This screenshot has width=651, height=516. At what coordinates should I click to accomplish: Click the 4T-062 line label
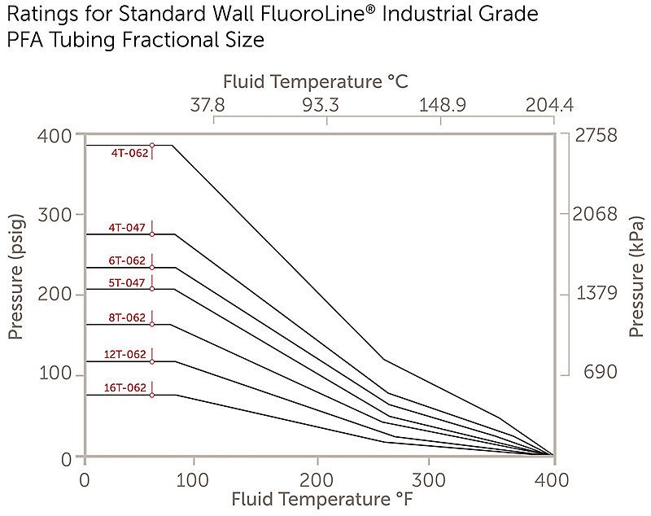click(130, 152)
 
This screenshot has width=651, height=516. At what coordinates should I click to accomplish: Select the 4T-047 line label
click(127, 228)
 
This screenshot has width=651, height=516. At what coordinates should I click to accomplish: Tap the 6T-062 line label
click(127, 261)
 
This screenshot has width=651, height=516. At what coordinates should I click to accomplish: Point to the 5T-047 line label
click(127, 283)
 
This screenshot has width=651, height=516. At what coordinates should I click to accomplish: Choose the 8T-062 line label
click(127, 317)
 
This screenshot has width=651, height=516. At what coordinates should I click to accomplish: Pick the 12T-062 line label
click(125, 354)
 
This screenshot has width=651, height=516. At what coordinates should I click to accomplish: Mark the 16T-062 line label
click(125, 388)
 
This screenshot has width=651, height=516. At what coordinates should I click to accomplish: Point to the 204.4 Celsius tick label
click(549, 105)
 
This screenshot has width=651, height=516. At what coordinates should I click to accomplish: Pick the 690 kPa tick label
click(599, 373)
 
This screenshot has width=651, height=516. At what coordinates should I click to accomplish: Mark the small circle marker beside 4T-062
click(152, 145)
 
